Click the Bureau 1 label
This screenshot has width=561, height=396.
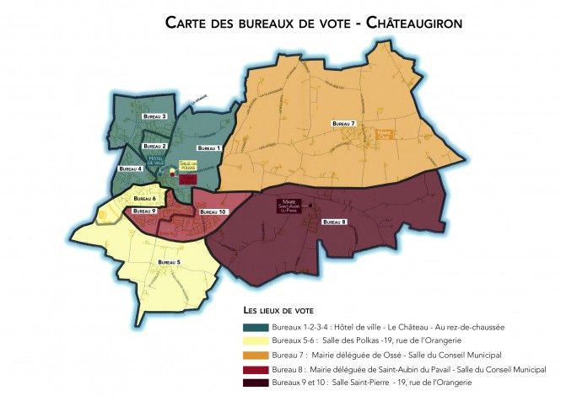(208, 148)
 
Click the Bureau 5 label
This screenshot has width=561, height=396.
(167, 262)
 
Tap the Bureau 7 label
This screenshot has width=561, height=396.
(343, 124)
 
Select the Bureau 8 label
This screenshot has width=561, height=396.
(335, 221)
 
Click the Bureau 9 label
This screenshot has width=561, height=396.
(143, 211)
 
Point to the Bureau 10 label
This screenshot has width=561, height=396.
(214, 212)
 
